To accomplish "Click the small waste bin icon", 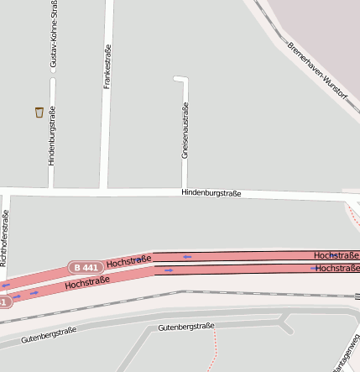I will pos(39,112).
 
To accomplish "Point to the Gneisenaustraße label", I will pos(185,130).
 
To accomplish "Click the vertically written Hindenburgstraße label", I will pos(51,135).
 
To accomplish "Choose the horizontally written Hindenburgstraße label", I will pos(211,193).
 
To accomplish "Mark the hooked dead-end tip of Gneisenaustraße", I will pos(175,78).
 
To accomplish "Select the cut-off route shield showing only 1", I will pos(4,301).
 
